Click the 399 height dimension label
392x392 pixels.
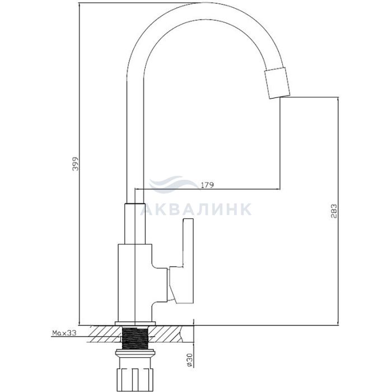(x=75, y=164)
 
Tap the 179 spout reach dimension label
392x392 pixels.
(x=207, y=185)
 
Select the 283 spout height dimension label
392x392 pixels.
(x=334, y=212)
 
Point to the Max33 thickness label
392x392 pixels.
(x=64, y=333)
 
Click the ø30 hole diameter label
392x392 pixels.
(x=189, y=360)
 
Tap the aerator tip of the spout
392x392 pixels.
(x=278, y=83)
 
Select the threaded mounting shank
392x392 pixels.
(x=135, y=338)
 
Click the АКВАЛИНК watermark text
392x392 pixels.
(x=196, y=209)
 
